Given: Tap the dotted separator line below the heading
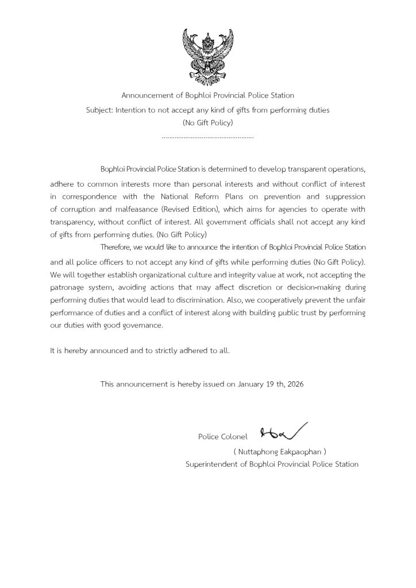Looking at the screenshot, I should click(x=207, y=138).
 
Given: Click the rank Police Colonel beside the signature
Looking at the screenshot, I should click(x=222, y=437).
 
